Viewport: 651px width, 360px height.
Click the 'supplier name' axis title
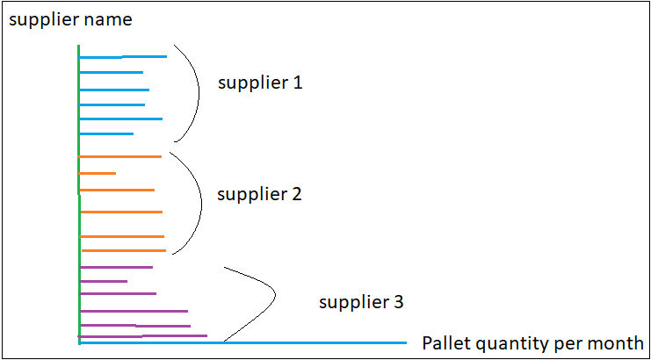(70, 18)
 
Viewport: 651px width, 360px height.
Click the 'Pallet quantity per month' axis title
(532, 342)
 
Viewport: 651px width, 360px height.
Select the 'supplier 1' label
(260, 83)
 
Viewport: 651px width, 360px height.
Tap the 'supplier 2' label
(259, 194)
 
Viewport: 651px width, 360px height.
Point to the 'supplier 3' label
(361, 303)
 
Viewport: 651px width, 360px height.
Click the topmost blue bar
(123, 57)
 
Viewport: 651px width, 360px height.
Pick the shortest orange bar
(98, 173)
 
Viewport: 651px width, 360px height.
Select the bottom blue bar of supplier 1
(106, 133)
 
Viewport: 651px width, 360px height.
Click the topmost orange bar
(120, 156)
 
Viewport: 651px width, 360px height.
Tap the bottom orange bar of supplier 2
(123, 250)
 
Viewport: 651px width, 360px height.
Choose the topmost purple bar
(116, 266)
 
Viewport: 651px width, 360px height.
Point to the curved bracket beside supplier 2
(200, 202)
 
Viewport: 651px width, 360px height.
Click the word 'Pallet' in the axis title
(445, 342)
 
